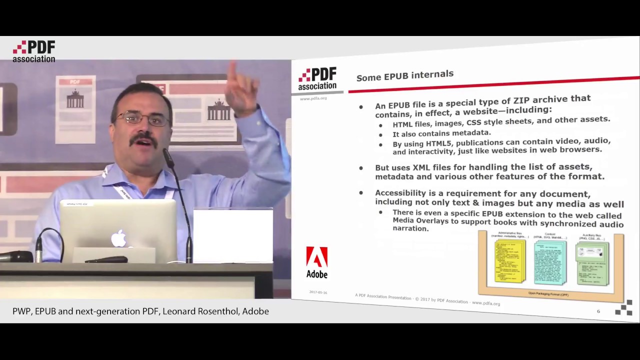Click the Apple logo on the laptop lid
click(x=119, y=238)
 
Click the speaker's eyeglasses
click(x=142, y=119)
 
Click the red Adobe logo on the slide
click(x=316, y=258)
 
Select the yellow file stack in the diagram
click(x=509, y=260)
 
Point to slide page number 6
click(x=598, y=311)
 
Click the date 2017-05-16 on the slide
click(x=318, y=292)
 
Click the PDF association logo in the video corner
click(x=34, y=51)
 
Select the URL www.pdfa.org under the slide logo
click(x=313, y=98)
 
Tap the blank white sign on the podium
click(x=233, y=235)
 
